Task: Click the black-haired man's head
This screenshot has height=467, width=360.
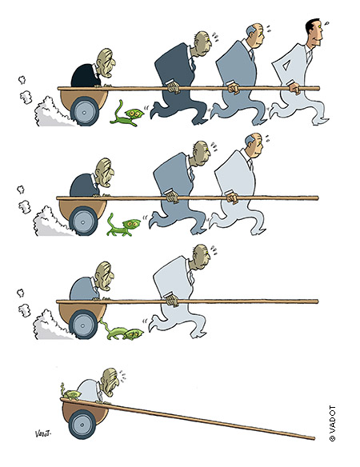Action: [314, 33]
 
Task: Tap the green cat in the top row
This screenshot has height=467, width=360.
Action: [126, 114]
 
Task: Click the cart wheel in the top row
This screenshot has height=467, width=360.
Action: [84, 112]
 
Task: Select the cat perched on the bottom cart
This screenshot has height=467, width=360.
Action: [70, 393]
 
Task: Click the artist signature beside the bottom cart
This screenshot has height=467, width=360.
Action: [42, 433]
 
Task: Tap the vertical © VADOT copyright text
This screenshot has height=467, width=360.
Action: [332, 423]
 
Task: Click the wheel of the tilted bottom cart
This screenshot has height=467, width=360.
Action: [82, 424]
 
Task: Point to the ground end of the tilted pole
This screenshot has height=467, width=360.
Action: [313, 438]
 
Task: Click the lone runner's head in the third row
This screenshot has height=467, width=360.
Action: [201, 257]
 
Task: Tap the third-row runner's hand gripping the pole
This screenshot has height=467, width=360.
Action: [172, 300]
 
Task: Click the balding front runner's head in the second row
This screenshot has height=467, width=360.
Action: [254, 146]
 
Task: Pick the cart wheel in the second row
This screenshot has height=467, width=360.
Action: [83, 222]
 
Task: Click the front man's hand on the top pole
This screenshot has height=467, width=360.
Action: [294, 89]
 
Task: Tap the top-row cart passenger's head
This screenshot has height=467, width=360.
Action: [106, 63]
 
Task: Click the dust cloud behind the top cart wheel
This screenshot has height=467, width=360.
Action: [51, 112]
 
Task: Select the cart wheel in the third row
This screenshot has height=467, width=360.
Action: [83, 325]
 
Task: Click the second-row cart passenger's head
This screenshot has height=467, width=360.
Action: [105, 174]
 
